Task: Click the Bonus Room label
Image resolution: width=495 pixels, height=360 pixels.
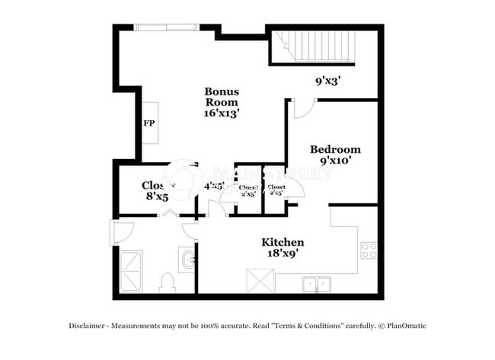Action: coord(222,97)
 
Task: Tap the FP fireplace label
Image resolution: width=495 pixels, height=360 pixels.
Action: coord(148,123)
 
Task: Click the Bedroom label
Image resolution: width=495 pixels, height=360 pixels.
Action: coord(335,149)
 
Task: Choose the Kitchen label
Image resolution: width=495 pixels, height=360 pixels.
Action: coord(283,242)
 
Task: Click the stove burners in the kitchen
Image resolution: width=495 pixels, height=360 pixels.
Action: coord(369,250)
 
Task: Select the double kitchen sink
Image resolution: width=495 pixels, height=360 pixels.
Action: coord(316,285)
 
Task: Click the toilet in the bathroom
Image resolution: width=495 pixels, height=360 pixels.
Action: coord(168,283)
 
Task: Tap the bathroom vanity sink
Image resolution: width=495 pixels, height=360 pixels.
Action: coord(187,260)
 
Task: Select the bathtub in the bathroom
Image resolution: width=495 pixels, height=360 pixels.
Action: coord(131,270)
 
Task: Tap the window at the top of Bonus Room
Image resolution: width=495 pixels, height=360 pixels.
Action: coord(167,27)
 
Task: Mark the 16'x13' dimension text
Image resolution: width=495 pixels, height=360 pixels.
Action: coord(222,113)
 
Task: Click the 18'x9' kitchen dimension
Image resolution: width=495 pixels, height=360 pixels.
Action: coord(283,253)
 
